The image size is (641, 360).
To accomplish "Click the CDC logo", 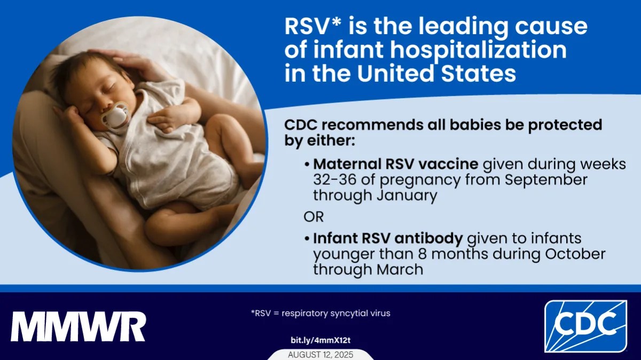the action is click(585, 326).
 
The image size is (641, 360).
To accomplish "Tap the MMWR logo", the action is click(79, 326).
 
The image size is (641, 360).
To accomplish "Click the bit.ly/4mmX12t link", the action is click(320, 340).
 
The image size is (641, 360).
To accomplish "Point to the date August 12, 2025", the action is click(320, 355).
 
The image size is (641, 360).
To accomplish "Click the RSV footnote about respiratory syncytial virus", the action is click(320, 313).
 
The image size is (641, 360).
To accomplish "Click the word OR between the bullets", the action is click(314, 217).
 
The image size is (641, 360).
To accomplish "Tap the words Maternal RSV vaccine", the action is click(395, 164).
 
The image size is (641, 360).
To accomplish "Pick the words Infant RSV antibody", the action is click(388, 238).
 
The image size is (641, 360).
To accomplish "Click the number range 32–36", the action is click(335, 179).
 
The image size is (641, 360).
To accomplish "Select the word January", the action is click(407, 195).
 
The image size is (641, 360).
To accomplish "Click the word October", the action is click(575, 254).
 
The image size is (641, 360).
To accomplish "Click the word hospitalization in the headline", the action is click(479, 50).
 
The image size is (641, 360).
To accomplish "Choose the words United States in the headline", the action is click(436, 73).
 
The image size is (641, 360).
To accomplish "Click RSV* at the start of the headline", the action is click(313, 26).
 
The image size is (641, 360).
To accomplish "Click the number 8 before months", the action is click(423, 254).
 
